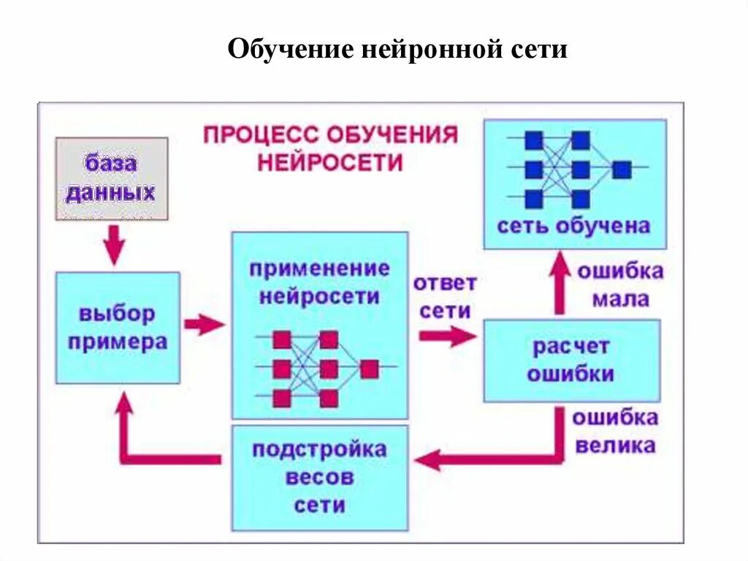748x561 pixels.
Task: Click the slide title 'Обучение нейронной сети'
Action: click(397, 50)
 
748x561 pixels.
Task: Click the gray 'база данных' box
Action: click(112, 178)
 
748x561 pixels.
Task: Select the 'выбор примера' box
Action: click(118, 328)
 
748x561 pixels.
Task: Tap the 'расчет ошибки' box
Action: click(571, 361)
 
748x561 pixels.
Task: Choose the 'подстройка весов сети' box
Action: click(319, 478)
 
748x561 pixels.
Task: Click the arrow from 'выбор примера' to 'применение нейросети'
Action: click(205, 324)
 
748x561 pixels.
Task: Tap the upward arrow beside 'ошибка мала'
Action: click(560, 282)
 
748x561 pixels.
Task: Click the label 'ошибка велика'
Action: click(614, 432)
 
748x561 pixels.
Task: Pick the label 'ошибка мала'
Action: click(620, 285)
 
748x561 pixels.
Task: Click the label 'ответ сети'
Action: click(444, 296)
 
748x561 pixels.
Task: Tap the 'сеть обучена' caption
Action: click(573, 225)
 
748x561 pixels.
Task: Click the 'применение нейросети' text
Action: click(319, 282)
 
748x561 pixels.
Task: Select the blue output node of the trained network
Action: click(622, 170)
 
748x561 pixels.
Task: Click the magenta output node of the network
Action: click(370, 369)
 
